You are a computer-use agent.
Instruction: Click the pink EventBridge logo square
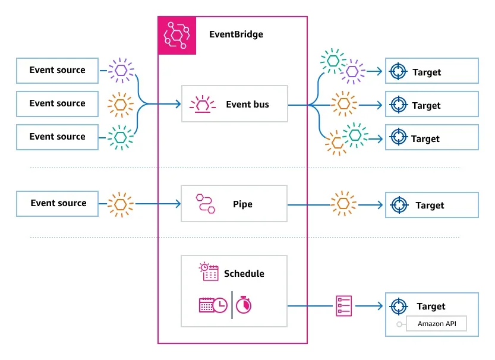coord(176,35)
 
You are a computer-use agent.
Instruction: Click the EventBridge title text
coord(236,34)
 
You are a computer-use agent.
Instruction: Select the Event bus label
coord(247,105)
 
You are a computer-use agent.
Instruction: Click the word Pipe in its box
coord(242,204)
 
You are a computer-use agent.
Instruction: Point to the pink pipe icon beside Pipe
coord(205,204)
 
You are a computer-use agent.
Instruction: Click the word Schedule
coord(244,274)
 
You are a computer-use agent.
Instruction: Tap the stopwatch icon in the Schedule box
coord(244,305)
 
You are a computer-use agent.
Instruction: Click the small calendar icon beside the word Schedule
coord(209,272)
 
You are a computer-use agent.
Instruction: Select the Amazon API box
coord(436,324)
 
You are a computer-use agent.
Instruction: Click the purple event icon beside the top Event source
coord(121,70)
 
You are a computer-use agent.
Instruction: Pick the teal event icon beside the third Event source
coord(121,137)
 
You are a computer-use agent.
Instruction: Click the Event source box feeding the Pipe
coord(58,203)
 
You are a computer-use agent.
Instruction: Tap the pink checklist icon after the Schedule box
coord(343,306)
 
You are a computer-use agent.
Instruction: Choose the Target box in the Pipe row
coord(431,205)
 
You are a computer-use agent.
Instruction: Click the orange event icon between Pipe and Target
coord(343,203)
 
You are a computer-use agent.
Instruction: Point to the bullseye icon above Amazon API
coord(398,307)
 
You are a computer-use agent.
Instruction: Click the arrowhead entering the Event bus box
coord(178,105)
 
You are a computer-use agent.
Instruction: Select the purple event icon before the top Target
coord(353,72)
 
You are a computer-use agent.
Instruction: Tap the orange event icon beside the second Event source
coord(121,104)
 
